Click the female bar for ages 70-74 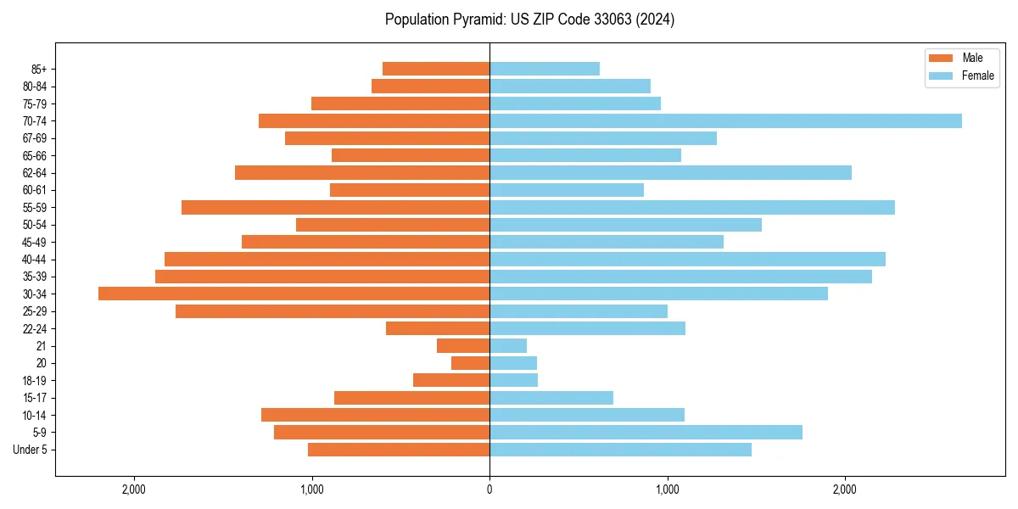pyautogui.click(x=725, y=121)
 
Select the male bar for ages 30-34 pyautogui.click(x=294, y=294)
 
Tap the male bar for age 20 pyautogui.click(x=471, y=363)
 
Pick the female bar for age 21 pyautogui.click(x=508, y=346)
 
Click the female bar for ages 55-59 pyautogui.click(x=692, y=208)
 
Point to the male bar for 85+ pyautogui.click(x=436, y=69)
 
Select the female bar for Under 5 pyautogui.click(x=620, y=450)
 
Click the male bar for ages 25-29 pyautogui.click(x=333, y=311)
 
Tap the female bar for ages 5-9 pyautogui.click(x=646, y=433)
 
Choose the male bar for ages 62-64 pyautogui.click(x=362, y=173)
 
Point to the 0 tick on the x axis pyautogui.click(x=489, y=489)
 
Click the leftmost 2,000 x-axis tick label pyautogui.click(x=134, y=489)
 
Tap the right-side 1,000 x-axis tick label pyautogui.click(x=667, y=489)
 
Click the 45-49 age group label pyautogui.click(x=35, y=243)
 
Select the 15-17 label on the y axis pyautogui.click(x=35, y=398)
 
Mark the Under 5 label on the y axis pyautogui.click(x=31, y=450)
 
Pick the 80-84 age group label pyautogui.click(x=35, y=87)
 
